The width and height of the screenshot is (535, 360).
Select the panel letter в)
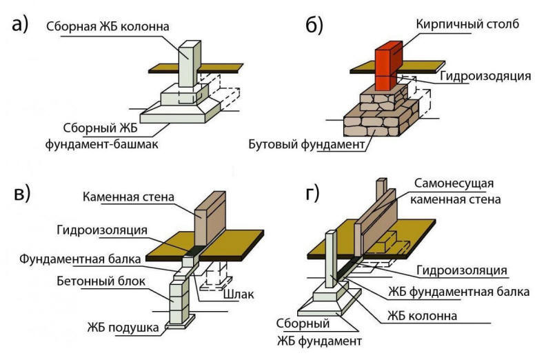tap(21, 194)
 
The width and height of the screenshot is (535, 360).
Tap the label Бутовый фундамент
tap(307, 145)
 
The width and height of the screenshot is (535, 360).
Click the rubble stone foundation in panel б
tap(383, 117)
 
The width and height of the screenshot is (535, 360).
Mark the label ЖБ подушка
tap(123, 326)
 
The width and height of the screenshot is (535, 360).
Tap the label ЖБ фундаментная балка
tap(458, 292)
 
